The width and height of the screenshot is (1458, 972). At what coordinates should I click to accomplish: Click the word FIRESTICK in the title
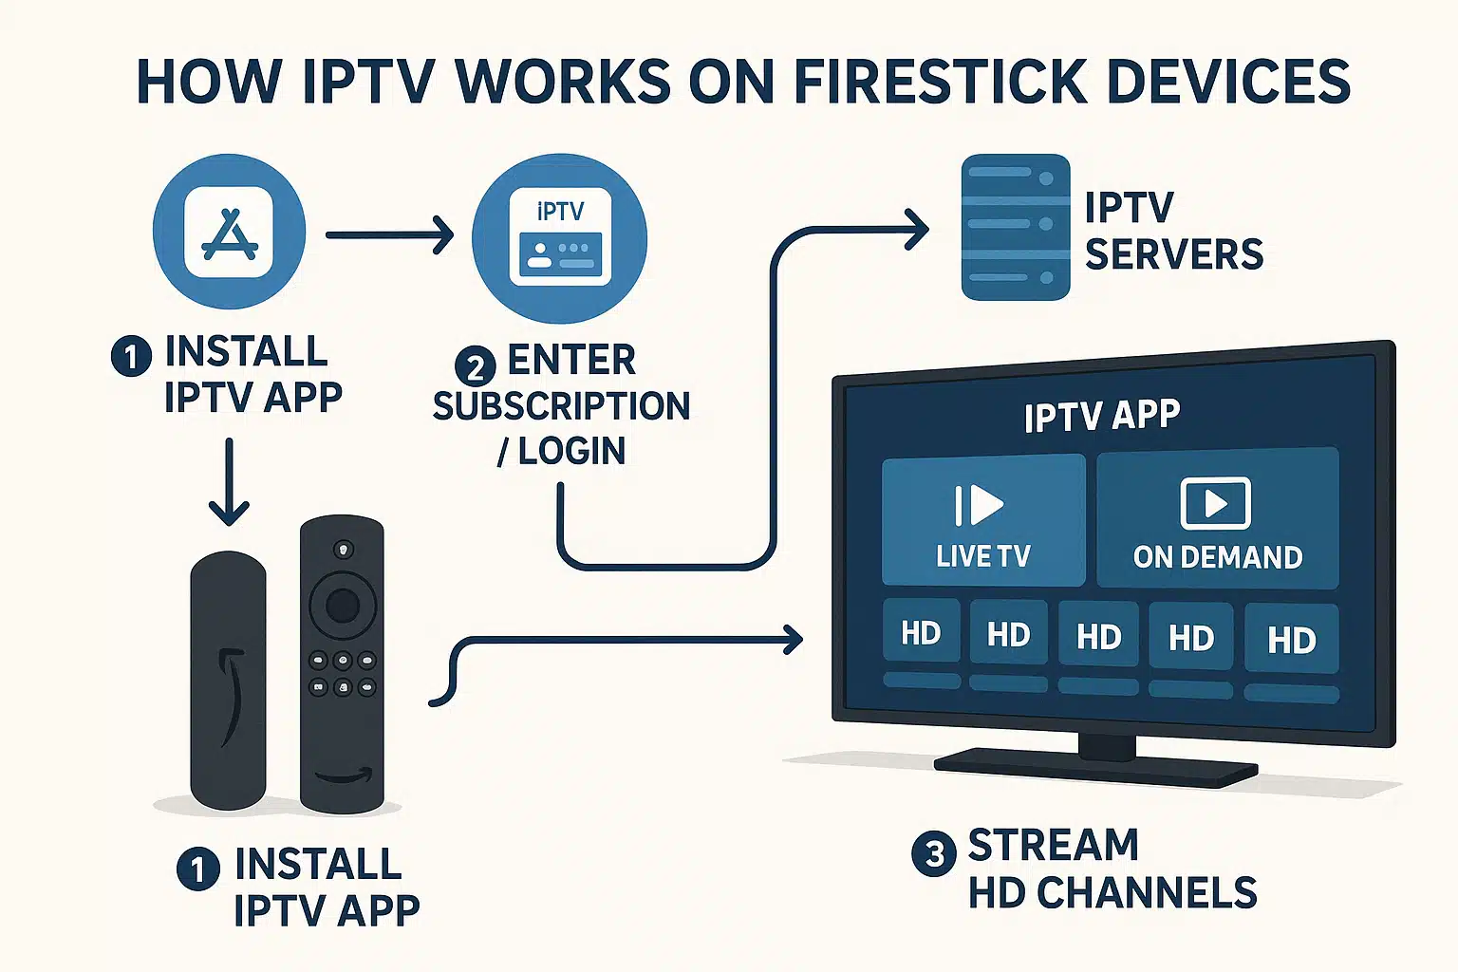tap(941, 82)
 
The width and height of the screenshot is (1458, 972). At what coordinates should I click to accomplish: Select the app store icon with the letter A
tap(229, 233)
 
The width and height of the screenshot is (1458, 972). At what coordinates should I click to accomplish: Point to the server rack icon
tap(1016, 228)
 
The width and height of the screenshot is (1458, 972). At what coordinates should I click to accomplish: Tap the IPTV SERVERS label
tap(1173, 232)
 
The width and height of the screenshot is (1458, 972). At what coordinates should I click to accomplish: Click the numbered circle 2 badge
tap(475, 366)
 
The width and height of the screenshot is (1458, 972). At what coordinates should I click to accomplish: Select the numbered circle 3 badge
tap(933, 853)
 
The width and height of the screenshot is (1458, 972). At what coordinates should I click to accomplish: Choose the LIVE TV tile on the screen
tap(982, 520)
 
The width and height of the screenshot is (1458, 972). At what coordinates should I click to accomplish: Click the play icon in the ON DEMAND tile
tap(1216, 503)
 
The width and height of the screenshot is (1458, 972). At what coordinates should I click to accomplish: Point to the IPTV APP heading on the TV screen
tap(1101, 416)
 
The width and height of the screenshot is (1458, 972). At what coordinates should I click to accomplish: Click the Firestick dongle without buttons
tap(228, 679)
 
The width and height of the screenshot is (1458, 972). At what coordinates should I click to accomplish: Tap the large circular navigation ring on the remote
tap(343, 605)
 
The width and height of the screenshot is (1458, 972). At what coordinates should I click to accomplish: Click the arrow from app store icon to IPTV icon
tap(389, 234)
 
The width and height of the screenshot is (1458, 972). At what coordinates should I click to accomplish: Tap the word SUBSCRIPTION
tap(561, 406)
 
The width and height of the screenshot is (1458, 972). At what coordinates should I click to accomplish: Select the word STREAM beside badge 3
tap(1053, 845)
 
